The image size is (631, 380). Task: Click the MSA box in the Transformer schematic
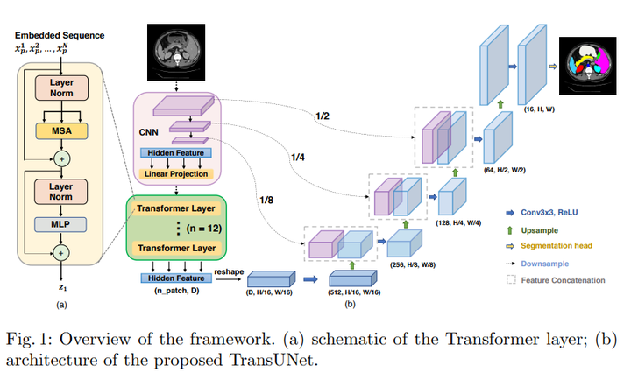[60, 130]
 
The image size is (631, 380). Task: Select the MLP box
[60, 223]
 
